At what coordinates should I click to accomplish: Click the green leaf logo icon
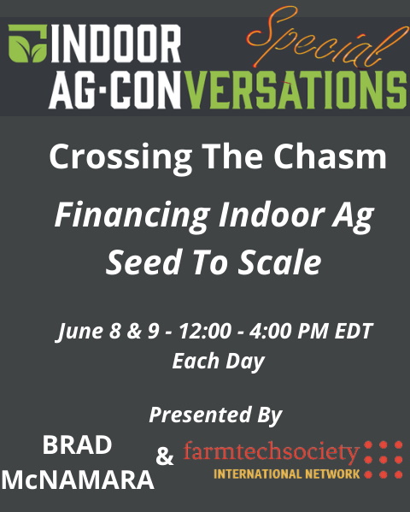26,43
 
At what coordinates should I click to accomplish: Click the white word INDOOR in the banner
117,43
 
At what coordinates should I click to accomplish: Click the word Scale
283,262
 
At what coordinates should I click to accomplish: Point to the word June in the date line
81,332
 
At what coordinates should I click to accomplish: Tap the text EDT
354,332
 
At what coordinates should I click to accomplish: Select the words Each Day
218,360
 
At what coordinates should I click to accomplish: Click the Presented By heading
215,415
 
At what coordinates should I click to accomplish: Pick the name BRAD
77,445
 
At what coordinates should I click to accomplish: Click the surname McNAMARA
78,480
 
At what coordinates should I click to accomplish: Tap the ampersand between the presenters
164,457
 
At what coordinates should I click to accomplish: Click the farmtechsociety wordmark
272,451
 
